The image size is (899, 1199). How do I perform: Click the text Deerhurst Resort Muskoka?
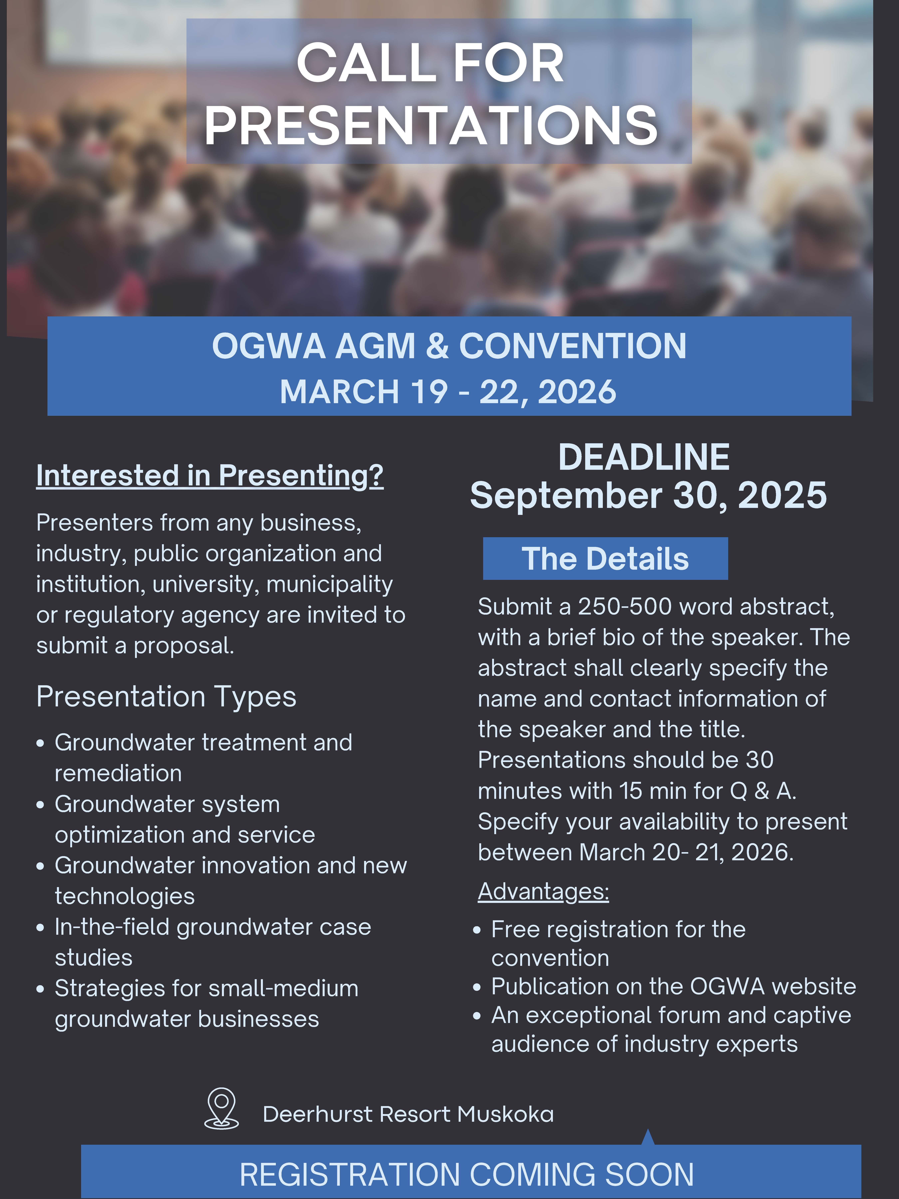[x=408, y=1114]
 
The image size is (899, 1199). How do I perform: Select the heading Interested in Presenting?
[x=210, y=475]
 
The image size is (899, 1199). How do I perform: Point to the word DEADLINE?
[x=644, y=457]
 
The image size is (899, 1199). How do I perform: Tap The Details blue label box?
[x=605, y=558]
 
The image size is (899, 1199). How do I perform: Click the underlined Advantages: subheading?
[x=544, y=892]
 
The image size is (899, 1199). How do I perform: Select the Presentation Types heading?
[x=166, y=697]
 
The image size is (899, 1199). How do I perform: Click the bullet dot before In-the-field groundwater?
[x=40, y=928]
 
